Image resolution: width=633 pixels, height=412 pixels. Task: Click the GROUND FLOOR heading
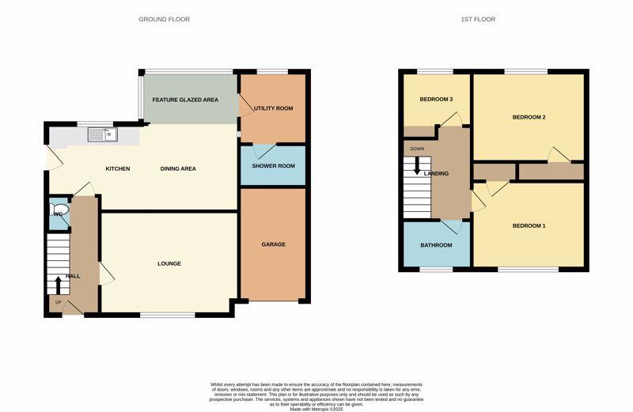164,19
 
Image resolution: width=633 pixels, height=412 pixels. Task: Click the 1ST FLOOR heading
477,19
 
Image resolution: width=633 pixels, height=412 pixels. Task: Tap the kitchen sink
103,134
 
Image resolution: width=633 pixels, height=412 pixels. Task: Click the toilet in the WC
60,214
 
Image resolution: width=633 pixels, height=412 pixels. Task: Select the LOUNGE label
169,263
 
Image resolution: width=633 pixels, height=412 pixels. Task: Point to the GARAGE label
273,244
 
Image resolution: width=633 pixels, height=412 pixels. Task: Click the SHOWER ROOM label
273,166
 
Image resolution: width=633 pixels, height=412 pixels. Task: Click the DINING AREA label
178,168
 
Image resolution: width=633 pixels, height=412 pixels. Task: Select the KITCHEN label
118,168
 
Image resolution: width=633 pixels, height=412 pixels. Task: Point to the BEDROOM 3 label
436,99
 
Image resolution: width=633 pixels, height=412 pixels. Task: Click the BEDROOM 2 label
529,117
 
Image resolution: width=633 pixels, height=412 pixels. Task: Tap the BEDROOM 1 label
529,225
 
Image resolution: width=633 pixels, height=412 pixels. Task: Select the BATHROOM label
436,245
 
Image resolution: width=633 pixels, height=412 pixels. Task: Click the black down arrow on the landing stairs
417,168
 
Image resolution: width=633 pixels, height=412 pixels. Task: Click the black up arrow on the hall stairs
58,283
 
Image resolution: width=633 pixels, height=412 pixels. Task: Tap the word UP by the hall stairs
58,301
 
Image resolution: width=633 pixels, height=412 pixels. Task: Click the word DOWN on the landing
417,149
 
